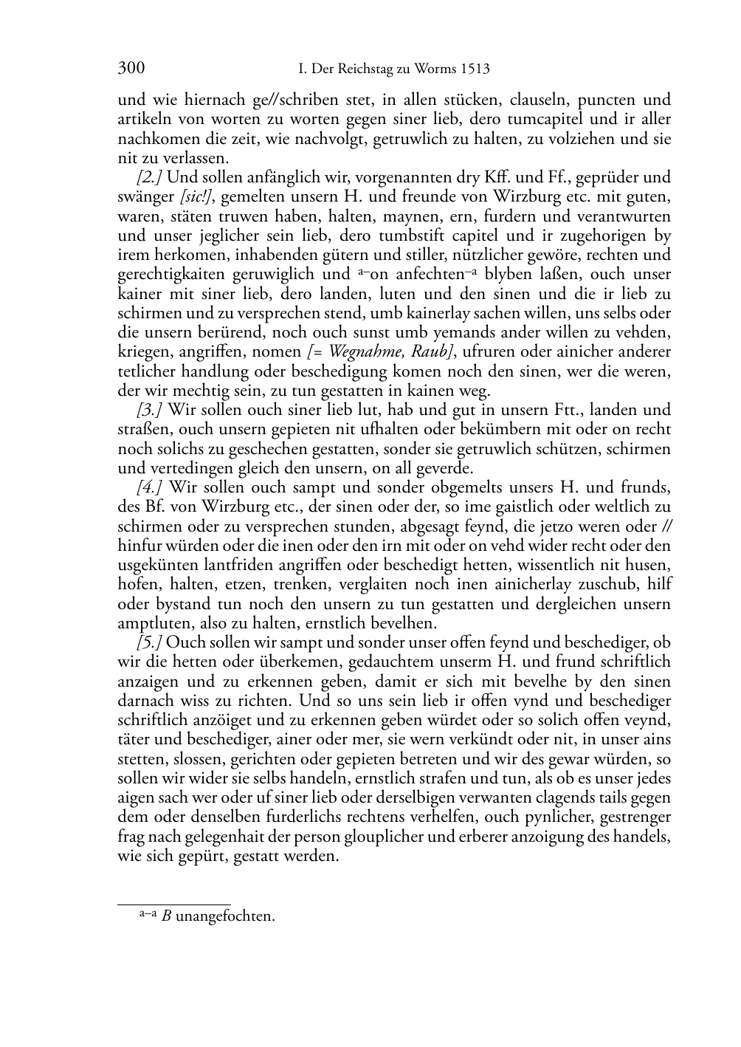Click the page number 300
click(x=131, y=69)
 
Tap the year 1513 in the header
click(x=475, y=69)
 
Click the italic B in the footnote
click(x=167, y=917)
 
